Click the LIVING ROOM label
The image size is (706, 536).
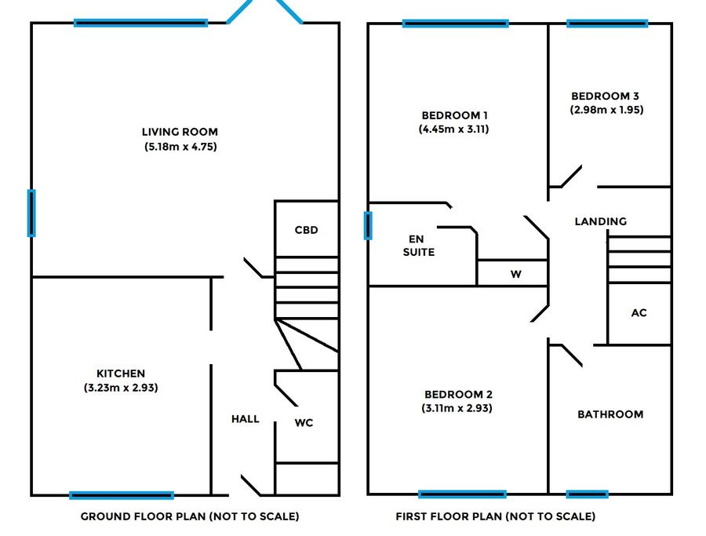click(180, 132)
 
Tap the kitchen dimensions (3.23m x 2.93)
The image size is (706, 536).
click(121, 388)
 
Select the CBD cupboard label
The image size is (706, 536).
click(306, 230)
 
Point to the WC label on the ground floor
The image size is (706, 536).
click(304, 423)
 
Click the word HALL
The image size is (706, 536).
click(246, 419)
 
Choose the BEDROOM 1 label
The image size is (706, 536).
click(454, 115)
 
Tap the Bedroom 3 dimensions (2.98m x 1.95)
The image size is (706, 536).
click(606, 110)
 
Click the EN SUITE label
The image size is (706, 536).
click(419, 246)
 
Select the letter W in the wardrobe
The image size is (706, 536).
click(516, 274)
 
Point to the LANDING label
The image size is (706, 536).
click(601, 221)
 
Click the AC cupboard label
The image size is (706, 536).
click(639, 313)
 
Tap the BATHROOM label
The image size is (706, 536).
click(610, 414)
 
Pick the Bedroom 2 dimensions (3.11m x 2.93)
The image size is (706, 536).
click(457, 409)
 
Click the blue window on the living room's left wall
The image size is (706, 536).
click(31, 213)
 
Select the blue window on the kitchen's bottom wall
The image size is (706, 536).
click(122, 495)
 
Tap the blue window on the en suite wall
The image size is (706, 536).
click(368, 226)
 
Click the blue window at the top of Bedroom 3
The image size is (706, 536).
click(607, 24)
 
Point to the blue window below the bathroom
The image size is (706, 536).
click(587, 494)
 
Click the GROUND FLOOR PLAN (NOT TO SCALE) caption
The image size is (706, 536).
click(190, 516)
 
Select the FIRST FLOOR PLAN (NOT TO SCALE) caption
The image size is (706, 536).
click(495, 516)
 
